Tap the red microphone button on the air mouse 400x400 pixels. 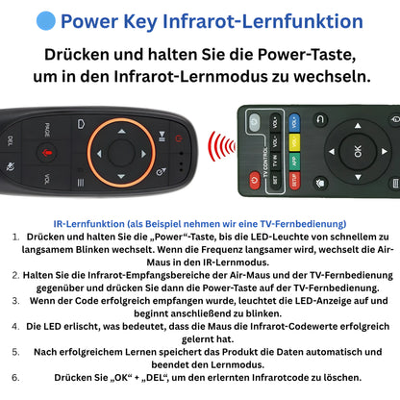click(x=45, y=152)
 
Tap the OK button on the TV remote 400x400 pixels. click(x=359, y=151)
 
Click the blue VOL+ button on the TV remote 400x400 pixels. click(x=294, y=122)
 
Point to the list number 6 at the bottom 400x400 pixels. click(x=16, y=376)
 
